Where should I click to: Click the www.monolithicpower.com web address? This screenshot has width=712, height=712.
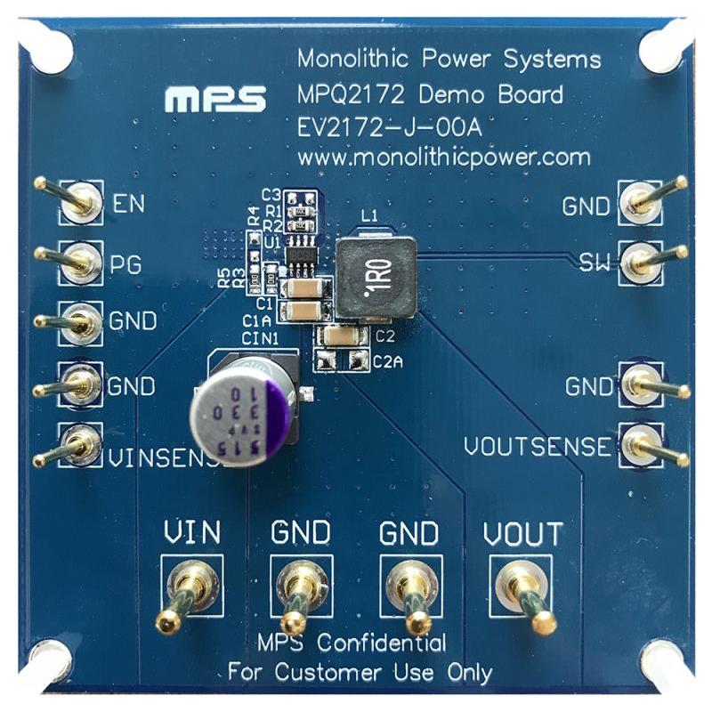coord(443,158)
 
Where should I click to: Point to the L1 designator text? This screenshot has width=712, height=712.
coord(370,215)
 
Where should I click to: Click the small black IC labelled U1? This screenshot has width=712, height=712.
coord(302,254)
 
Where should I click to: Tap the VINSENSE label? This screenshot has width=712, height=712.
coord(160,459)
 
